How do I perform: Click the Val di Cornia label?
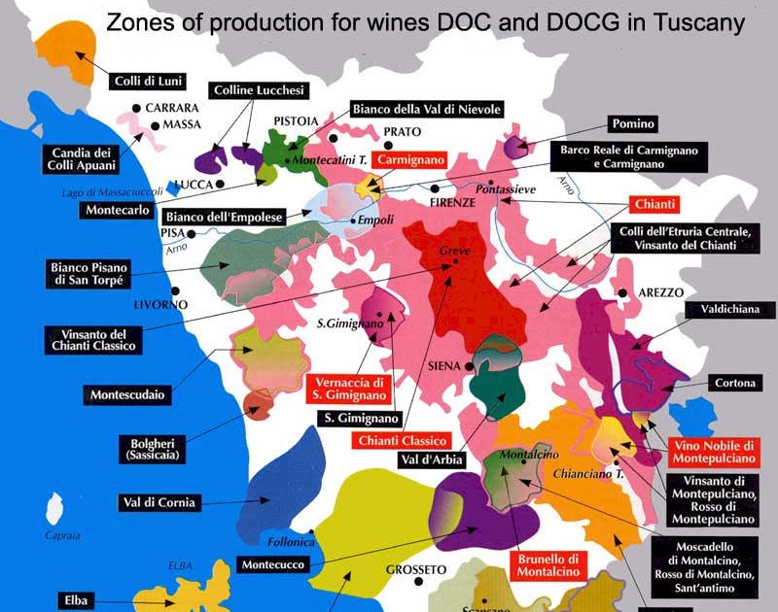pyautogui.click(x=159, y=502)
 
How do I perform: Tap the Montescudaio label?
pyautogui.click(x=126, y=394)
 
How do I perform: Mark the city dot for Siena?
pyautogui.click(x=470, y=366)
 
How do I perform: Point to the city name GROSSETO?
pyautogui.click(x=415, y=568)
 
